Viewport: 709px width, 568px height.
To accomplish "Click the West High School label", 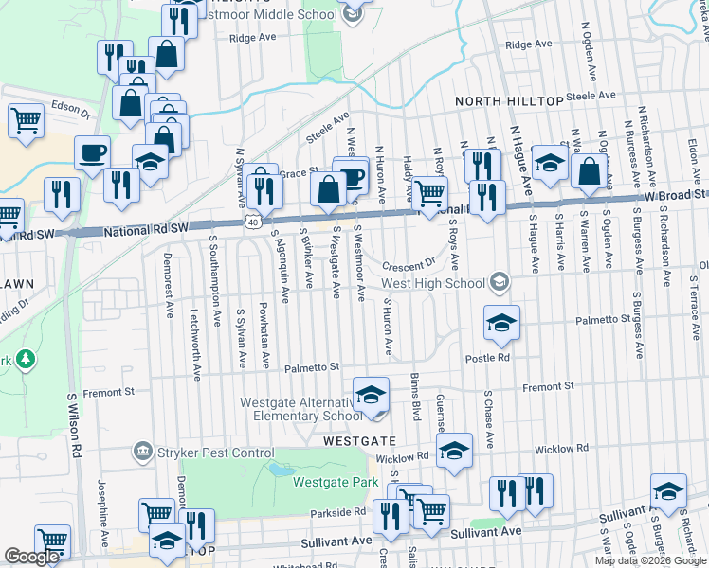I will click(433, 283).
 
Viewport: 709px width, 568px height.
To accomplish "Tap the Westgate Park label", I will click(329, 481).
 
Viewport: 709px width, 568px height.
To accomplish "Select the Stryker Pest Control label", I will click(213, 453).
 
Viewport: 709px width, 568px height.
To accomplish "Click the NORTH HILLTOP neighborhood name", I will click(508, 101).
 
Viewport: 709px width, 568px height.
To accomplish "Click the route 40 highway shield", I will click(251, 222).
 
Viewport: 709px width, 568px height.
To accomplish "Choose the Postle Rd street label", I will click(487, 358).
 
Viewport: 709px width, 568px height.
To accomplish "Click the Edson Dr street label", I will click(70, 107).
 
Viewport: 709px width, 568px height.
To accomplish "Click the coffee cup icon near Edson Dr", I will click(92, 152).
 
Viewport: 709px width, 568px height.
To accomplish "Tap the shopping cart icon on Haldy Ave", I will click(431, 194).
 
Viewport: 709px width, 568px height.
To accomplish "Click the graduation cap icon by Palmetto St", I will click(501, 323).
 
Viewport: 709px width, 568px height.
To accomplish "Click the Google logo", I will click(32, 557).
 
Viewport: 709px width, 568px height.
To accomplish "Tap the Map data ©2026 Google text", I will click(649, 560).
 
